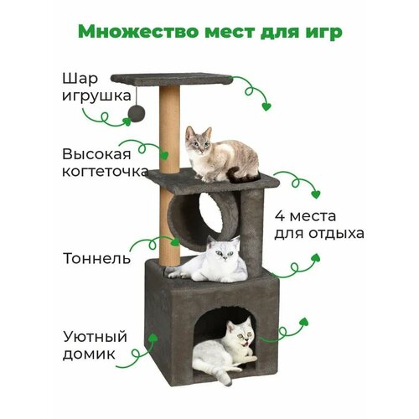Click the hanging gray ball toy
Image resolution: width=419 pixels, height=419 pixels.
click(137, 113)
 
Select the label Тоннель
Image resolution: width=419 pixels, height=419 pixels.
click(97, 258)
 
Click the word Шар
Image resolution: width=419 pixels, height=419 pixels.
click(80, 79)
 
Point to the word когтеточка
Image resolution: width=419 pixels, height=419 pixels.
click(105, 171)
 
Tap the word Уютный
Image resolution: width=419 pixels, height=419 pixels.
click(95, 337)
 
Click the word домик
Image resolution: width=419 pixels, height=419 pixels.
click(89, 354)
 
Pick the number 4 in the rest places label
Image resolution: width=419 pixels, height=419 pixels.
click(279, 216)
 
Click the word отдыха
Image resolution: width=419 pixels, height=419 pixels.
click(337, 234)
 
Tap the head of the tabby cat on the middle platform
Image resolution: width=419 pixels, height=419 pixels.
click(199, 140)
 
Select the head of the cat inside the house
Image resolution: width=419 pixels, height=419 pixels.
click(241, 332)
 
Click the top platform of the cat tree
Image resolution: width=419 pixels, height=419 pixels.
click(172, 79)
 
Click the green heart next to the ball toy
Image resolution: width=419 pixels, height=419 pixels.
click(127, 122)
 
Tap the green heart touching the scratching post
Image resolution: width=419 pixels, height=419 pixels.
click(165, 155)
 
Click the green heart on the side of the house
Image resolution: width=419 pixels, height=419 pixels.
click(153, 337)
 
